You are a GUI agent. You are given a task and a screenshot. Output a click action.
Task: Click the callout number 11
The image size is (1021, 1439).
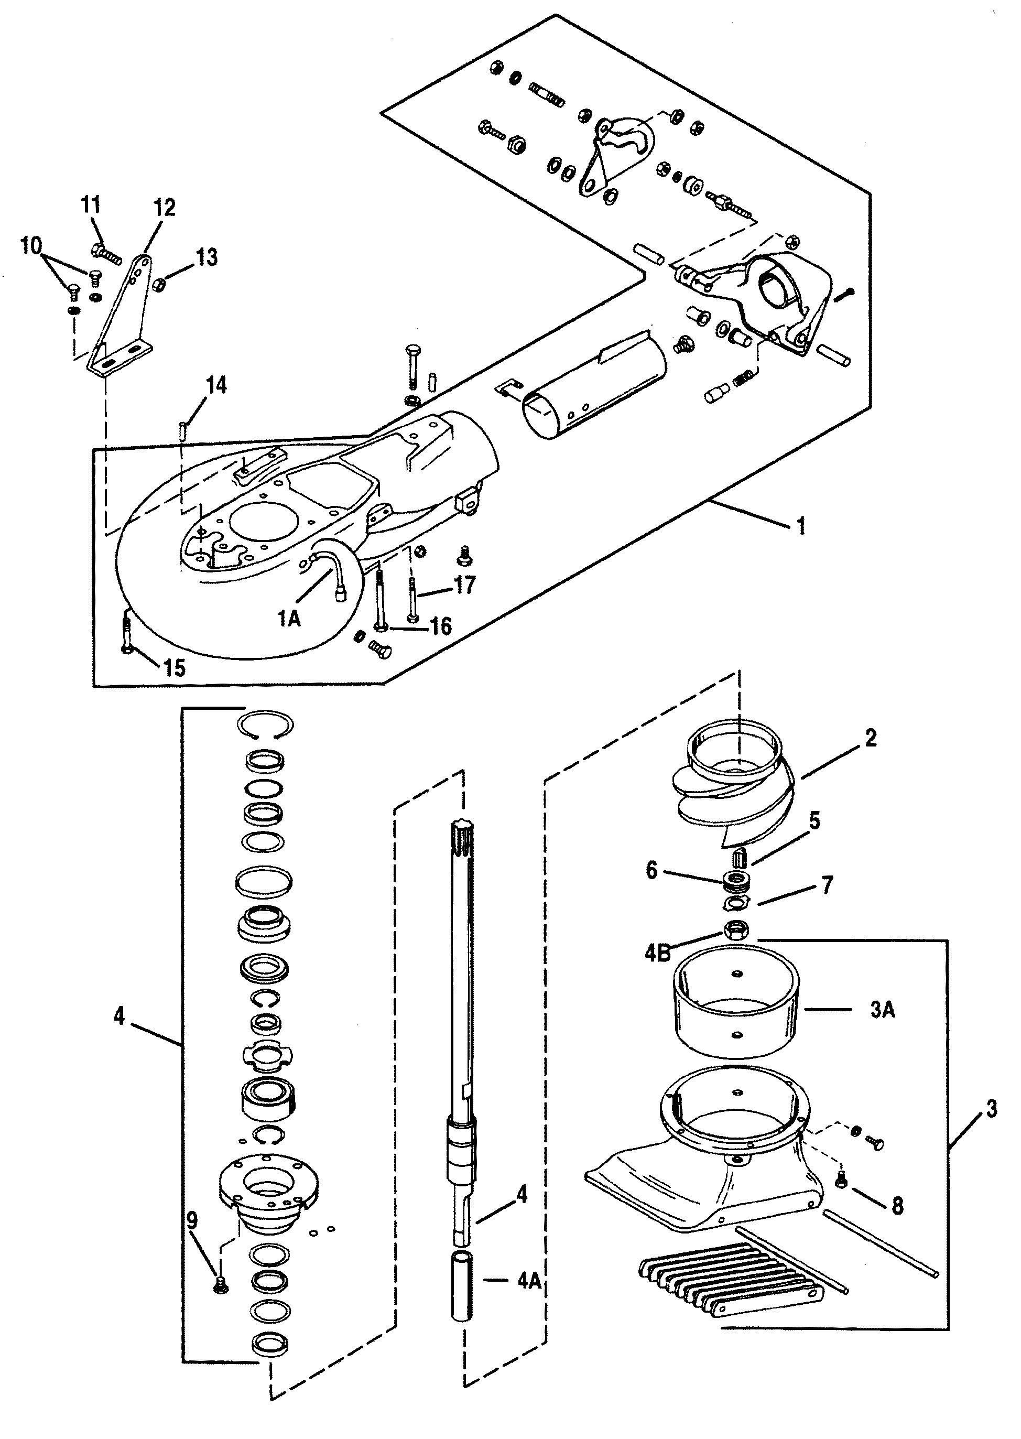click(91, 205)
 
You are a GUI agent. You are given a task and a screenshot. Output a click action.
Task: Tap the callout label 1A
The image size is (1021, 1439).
click(289, 619)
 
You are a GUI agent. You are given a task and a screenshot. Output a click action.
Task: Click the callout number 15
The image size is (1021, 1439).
click(174, 668)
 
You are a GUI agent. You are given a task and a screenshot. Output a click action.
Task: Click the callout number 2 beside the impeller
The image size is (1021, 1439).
click(870, 738)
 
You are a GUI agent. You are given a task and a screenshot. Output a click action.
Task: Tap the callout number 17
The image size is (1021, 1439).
click(464, 585)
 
